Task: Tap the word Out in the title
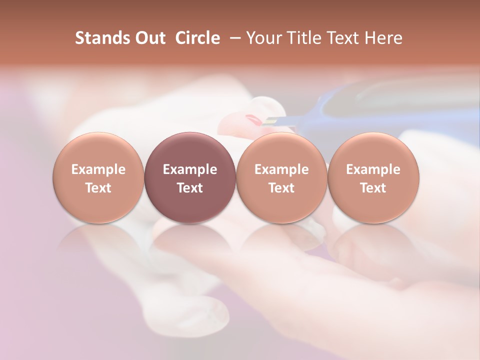coord(149,38)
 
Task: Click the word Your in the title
coord(262,38)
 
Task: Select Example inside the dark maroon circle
coord(190,169)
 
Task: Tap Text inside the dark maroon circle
coord(190,188)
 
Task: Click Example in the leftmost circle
coord(98,169)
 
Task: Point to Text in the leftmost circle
coord(98,188)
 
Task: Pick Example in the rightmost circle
coord(373,169)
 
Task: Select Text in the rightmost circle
coord(373,188)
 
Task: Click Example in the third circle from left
coord(281,169)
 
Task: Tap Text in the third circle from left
coord(281,188)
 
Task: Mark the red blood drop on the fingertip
coord(253,119)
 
